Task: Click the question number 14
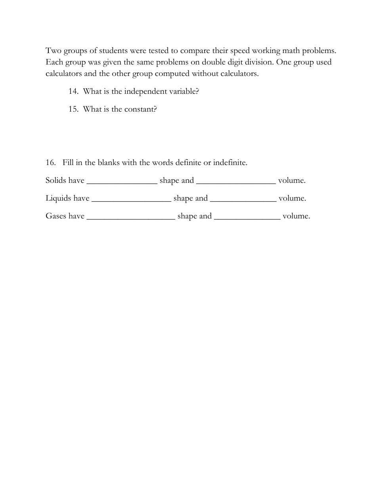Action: (73, 91)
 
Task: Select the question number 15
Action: (73, 109)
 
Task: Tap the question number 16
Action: (51, 163)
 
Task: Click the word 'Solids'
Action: (56, 180)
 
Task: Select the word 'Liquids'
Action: (58, 198)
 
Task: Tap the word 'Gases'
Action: (56, 216)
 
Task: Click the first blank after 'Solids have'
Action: (122, 182)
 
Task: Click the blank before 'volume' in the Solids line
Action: (236, 182)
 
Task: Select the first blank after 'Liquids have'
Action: (131, 200)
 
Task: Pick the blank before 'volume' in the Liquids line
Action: (243, 200)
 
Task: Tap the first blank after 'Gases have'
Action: (131, 218)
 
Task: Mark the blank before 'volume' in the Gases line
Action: (247, 218)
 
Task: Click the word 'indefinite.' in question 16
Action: (230, 163)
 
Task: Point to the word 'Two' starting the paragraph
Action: (54, 51)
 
